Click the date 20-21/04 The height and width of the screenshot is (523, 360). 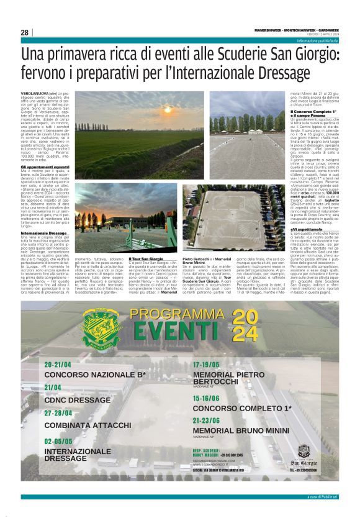tap(58, 365)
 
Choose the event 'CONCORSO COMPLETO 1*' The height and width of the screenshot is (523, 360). tap(241, 409)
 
